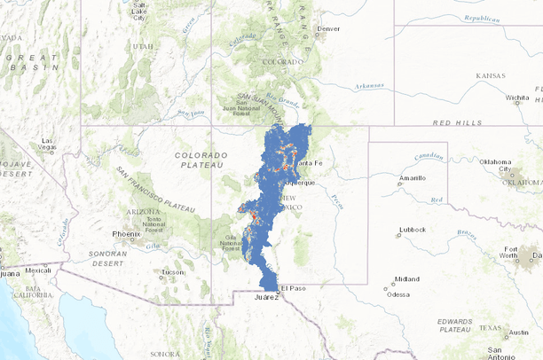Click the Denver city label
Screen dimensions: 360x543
coord(328,28)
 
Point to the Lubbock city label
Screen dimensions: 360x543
coord(413,230)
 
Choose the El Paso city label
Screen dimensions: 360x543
coord(293,289)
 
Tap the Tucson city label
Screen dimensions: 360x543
coord(171,272)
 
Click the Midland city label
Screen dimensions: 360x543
coord(407,278)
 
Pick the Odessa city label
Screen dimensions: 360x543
coord(397,294)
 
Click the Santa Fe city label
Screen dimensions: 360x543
coord(311,164)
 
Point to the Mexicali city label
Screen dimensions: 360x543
coord(38,270)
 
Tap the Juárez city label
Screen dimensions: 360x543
coord(266,298)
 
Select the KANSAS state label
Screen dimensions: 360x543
coord(490,76)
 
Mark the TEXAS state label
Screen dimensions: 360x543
coord(490,327)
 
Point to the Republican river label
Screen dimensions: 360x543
coord(481,18)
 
